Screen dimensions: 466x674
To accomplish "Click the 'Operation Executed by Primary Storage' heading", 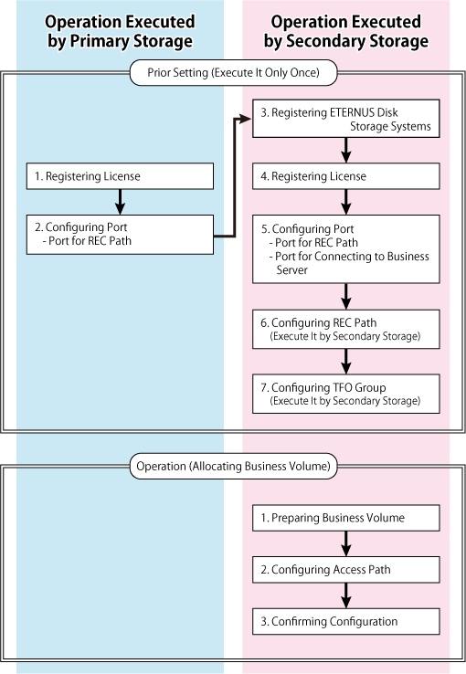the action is coord(120,31).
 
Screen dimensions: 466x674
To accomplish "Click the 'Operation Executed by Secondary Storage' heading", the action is coord(346,31).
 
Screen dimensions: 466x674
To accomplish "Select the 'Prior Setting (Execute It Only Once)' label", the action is coord(233,73).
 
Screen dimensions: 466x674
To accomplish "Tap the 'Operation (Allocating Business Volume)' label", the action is coord(233,467).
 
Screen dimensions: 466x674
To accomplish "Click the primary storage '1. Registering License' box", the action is coord(120,176).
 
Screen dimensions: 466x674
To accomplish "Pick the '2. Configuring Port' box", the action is coord(120,235).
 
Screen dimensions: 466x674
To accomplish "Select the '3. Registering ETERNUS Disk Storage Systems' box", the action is coord(346,119).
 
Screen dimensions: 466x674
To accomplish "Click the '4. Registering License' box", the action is coord(346,176).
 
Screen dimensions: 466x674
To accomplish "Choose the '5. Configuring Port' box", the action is coord(346,249).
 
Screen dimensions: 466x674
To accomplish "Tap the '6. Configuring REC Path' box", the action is coord(346,330).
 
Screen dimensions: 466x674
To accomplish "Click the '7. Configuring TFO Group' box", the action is coord(346,394).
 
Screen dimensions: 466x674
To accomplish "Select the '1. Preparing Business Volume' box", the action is coord(346,518).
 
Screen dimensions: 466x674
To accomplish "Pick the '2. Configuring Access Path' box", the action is coord(346,570).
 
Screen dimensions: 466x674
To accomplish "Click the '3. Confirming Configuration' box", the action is coord(346,622).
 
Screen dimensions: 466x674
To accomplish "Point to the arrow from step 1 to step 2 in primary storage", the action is coord(121,202).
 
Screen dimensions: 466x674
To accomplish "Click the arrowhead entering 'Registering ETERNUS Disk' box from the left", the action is coord(245,119).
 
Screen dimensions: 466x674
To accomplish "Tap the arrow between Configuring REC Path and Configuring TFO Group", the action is coord(346,362).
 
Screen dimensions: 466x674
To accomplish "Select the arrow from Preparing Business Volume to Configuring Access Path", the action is coord(346,543).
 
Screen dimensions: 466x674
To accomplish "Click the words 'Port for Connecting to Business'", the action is coord(352,257).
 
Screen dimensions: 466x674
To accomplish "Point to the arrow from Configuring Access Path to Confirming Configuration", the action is coord(346,595).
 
